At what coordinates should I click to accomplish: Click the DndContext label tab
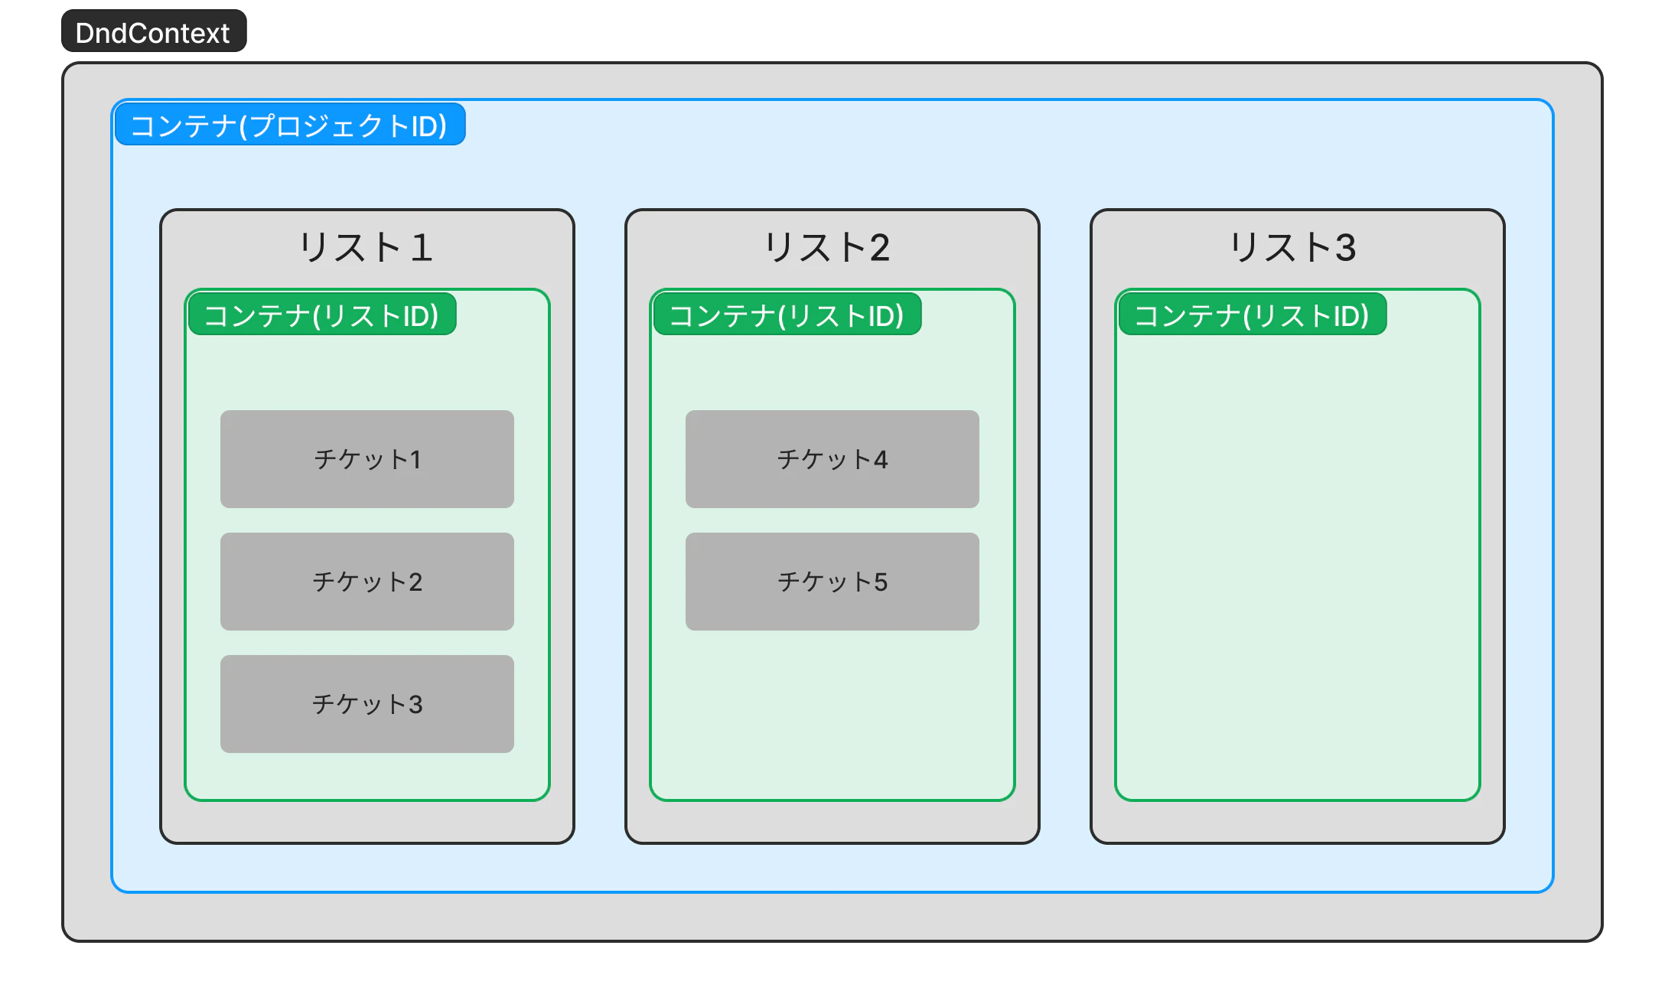point(153,33)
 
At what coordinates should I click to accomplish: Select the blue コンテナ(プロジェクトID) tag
point(289,125)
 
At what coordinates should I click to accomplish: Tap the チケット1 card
point(367,459)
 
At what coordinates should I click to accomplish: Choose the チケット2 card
point(367,582)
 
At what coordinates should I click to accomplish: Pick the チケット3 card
point(367,704)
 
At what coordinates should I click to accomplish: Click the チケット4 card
point(832,459)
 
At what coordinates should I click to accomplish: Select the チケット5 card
point(832,582)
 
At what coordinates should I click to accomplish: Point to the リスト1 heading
point(367,248)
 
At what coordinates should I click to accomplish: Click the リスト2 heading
point(827,248)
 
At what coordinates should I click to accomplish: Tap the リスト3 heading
point(1292,248)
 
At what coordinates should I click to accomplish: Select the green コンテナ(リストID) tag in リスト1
point(322,315)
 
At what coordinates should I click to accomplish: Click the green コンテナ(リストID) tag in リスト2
point(787,315)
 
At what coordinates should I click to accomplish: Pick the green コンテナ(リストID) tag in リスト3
point(1253,315)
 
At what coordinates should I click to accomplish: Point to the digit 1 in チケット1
point(415,460)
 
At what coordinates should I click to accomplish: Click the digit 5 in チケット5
point(881,582)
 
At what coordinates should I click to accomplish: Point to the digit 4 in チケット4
point(881,460)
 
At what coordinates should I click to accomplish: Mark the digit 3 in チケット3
point(415,705)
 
